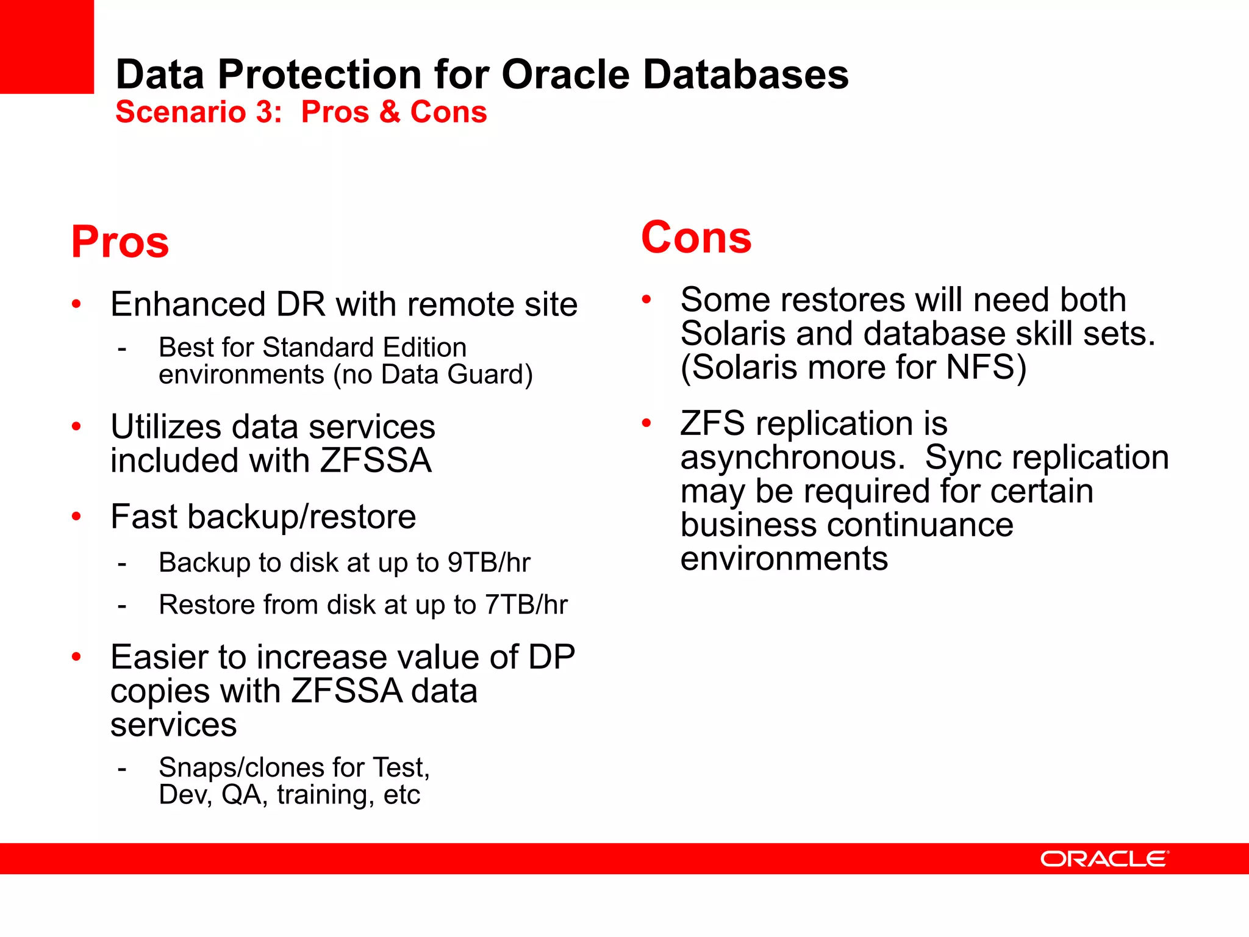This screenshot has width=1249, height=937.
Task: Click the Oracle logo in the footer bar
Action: pos(1104,859)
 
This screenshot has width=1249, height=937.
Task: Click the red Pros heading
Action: pos(120,242)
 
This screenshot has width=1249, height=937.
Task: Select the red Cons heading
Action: pos(696,237)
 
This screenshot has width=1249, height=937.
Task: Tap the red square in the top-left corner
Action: pos(46,46)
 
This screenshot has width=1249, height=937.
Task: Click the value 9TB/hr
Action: pos(489,562)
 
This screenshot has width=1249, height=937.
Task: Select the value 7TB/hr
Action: pos(526,605)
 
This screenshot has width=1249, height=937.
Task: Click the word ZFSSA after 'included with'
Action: pos(376,461)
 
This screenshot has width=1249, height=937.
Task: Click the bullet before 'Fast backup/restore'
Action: pos(76,517)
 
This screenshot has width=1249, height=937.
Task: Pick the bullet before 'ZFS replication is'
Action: pos(646,423)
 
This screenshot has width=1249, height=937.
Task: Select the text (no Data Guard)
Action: pos(433,375)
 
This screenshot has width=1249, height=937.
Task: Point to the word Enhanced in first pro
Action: pos(188,304)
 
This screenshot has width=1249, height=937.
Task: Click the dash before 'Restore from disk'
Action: pos(122,606)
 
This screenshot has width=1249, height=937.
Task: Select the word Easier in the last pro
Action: pos(160,658)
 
